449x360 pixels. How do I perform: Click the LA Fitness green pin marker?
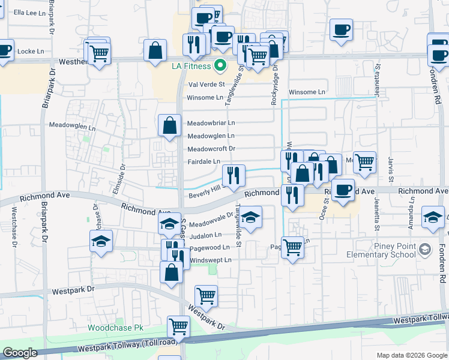point(220,65)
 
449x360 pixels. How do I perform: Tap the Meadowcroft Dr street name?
point(211,149)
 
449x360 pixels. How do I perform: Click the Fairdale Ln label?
point(204,162)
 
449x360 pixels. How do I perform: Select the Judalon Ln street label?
point(206,235)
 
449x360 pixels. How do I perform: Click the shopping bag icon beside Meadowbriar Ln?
point(170,125)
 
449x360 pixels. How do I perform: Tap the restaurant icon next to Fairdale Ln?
point(234,175)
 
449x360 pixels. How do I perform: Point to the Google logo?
point(20,353)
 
